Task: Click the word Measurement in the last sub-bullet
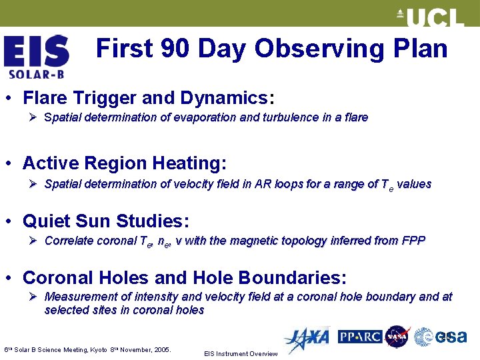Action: coord(79,297)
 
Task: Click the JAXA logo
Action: coord(306,339)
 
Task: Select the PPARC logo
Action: coord(359,337)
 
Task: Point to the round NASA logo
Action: coord(397,337)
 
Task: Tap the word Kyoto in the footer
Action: coord(108,349)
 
